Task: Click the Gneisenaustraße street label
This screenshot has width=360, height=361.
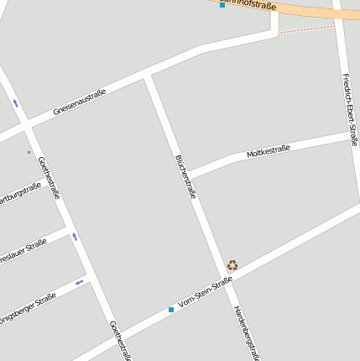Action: pyautogui.click(x=79, y=102)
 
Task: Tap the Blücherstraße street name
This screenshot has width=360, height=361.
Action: pyautogui.click(x=185, y=176)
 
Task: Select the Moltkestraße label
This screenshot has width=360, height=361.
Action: pyautogui.click(x=268, y=152)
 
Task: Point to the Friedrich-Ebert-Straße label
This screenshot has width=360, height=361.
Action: pyautogui.click(x=350, y=109)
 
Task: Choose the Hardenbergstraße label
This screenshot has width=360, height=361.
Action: pyautogui.click(x=248, y=332)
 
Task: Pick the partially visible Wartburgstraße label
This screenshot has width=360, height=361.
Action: pyautogui.click(x=20, y=196)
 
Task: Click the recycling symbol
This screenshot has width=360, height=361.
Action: pyautogui.click(x=232, y=265)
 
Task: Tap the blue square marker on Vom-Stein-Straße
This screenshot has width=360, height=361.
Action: pyautogui.click(x=171, y=309)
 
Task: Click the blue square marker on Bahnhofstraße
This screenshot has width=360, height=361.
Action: pyautogui.click(x=222, y=5)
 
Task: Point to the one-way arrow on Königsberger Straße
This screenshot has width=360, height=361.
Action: pyautogui.click(x=81, y=282)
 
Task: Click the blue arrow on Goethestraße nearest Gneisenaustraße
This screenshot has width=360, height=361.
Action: pyautogui.click(x=15, y=103)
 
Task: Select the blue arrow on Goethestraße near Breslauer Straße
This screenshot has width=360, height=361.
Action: pyautogui.click(x=75, y=237)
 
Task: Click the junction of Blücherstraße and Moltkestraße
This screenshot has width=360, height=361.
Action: pyautogui.click(x=187, y=175)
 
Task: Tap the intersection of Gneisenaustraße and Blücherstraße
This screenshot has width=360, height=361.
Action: pyautogui.click(x=148, y=77)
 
